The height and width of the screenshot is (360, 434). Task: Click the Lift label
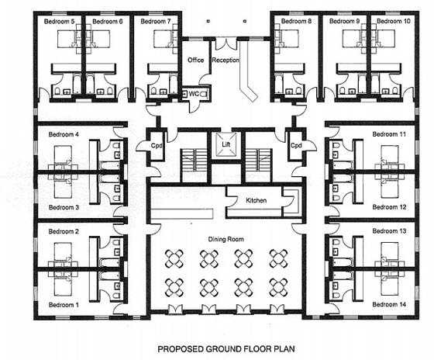pyautogui.click(x=226, y=144)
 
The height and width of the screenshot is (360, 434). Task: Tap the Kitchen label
pyautogui.click(x=256, y=200)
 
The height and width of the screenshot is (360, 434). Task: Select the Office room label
pyautogui.click(x=195, y=61)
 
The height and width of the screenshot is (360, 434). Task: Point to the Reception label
pyautogui.click(x=226, y=61)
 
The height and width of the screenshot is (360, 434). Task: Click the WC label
pyautogui.click(x=194, y=94)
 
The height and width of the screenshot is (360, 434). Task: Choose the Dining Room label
pyautogui.click(x=226, y=239)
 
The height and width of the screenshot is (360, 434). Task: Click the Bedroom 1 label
pyautogui.click(x=64, y=305)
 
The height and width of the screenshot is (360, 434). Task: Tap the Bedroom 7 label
pyautogui.click(x=156, y=22)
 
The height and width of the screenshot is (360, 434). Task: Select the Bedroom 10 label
pyautogui.click(x=394, y=21)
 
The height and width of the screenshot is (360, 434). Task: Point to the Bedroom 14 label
pyautogui.click(x=389, y=304)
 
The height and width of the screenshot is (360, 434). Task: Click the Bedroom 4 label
pyautogui.click(x=64, y=134)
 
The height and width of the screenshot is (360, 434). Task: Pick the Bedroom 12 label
pyautogui.click(x=389, y=207)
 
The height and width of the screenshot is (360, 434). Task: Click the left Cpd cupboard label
pyautogui.click(x=157, y=146)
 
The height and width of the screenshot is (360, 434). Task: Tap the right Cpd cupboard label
pyautogui.click(x=296, y=145)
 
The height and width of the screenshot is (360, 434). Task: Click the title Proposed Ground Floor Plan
pyautogui.click(x=226, y=348)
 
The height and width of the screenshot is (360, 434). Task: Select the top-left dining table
pyautogui.click(x=174, y=258)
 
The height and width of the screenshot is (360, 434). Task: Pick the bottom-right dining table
pyautogui.click(x=279, y=287)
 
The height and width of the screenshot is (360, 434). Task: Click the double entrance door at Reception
pyautogui.click(x=226, y=43)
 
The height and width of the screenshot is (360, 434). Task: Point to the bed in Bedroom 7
pyautogui.click(x=165, y=39)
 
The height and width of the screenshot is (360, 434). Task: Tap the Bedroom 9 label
pyautogui.click(x=345, y=21)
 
